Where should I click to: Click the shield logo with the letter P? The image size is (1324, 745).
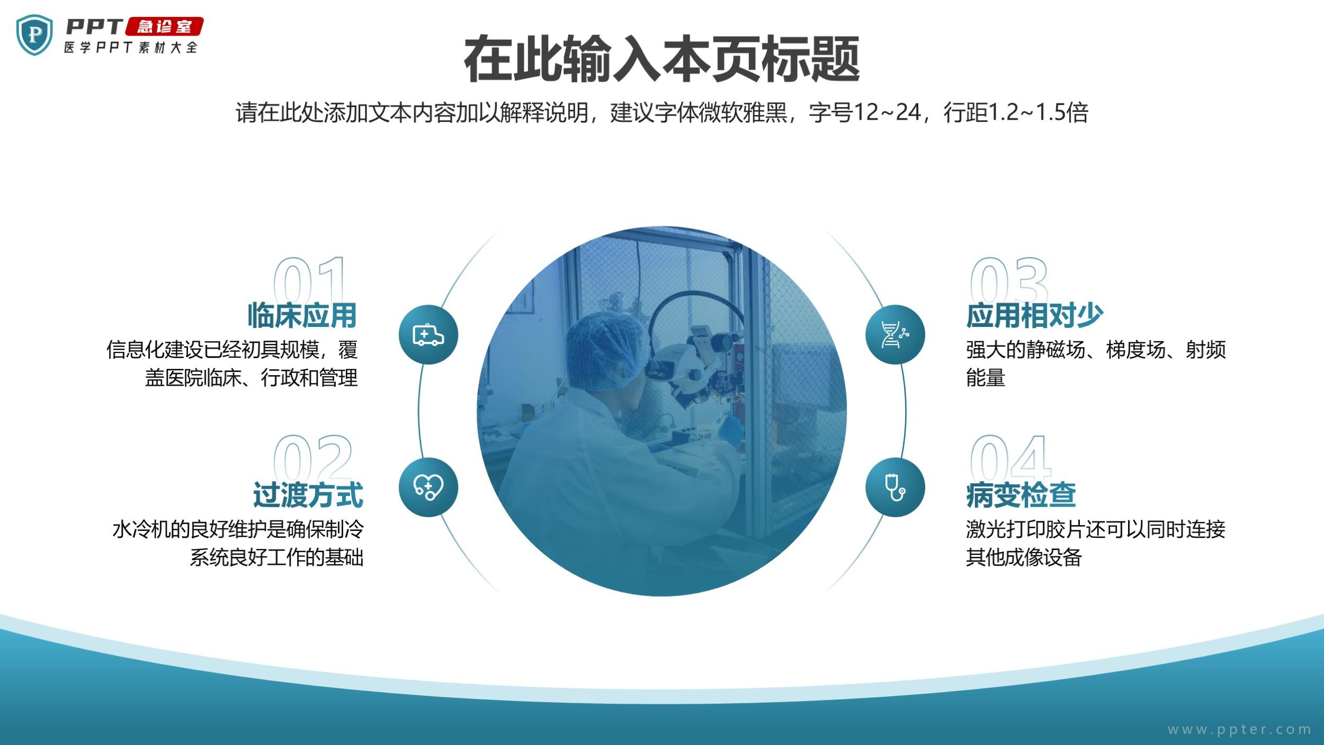[x=34, y=35]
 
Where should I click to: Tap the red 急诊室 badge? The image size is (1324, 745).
[x=164, y=26]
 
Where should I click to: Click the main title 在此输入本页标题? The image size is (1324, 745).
[x=661, y=59]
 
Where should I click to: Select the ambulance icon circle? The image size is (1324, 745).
[x=428, y=334]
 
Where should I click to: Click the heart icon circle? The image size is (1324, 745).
[x=428, y=487]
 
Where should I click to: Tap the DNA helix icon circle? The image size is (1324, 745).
[x=895, y=334]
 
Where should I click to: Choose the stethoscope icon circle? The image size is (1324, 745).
[x=895, y=487]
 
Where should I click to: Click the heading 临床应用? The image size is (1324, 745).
[x=302, y=315]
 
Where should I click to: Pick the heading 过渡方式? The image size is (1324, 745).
[x=308, y=495]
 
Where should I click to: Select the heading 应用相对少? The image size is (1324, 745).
[x=1034, y=315]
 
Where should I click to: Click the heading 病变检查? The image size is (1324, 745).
[x=1021, y=495]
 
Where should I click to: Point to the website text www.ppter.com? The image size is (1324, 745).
[x=1239, y=730]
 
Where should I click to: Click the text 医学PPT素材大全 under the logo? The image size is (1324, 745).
[x=131, y=47]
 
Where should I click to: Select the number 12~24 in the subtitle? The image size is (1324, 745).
[x=887, y=112]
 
